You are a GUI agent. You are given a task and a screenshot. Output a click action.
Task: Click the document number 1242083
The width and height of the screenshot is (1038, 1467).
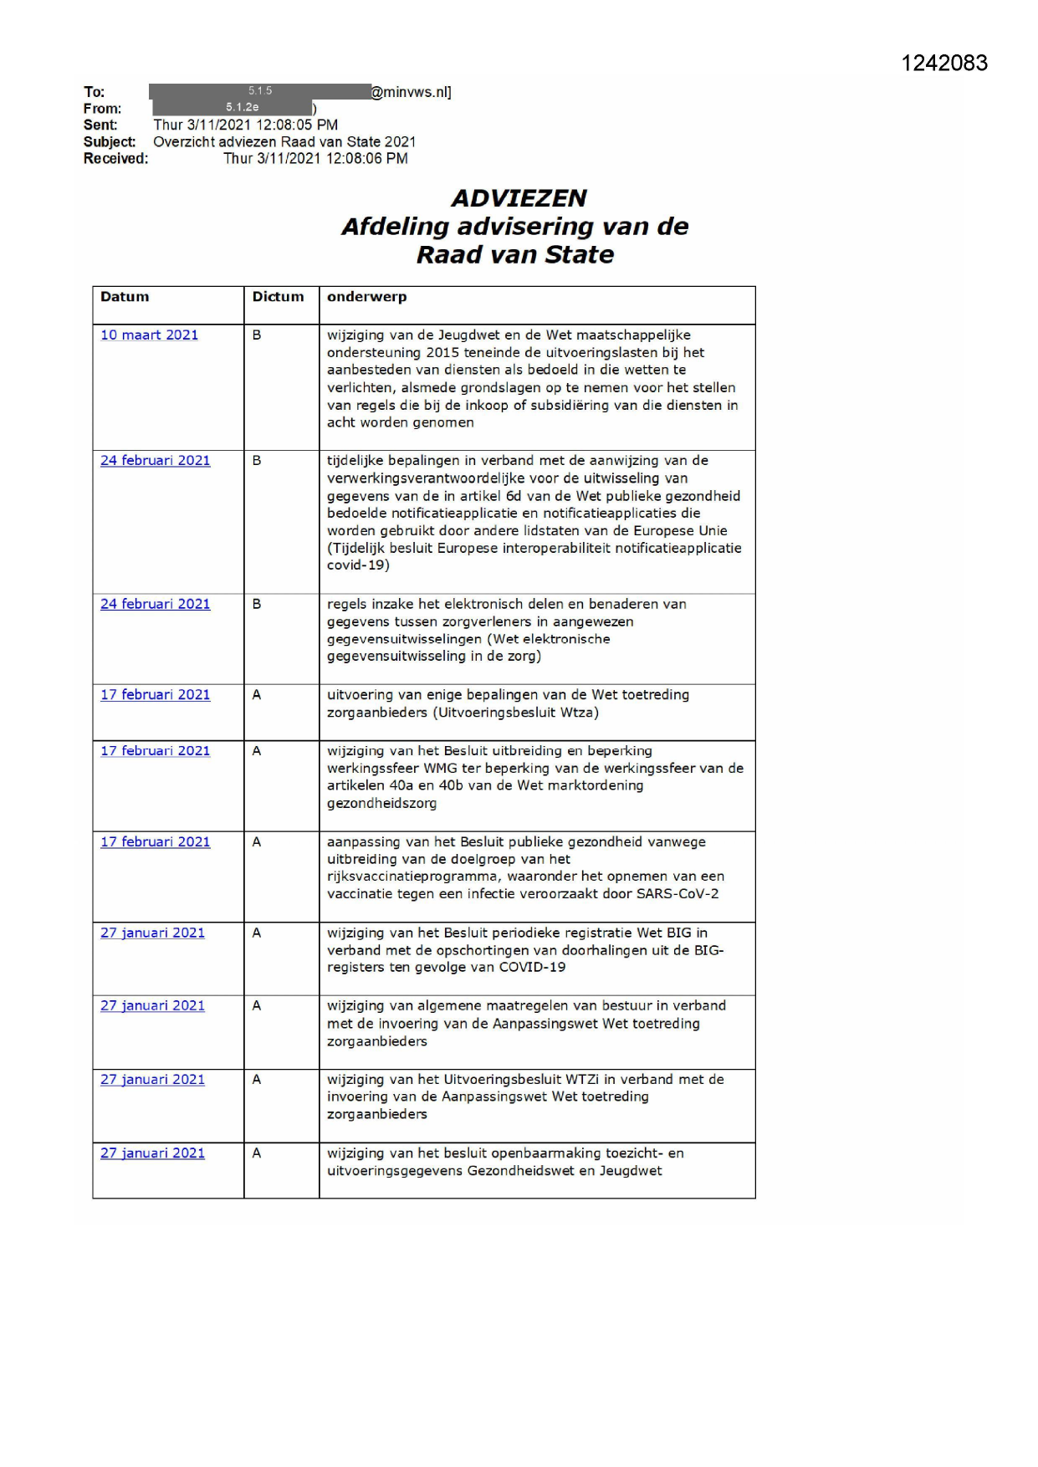(x=943, y=64)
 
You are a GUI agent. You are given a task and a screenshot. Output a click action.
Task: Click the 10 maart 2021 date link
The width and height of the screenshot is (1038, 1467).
(x=149, y=335)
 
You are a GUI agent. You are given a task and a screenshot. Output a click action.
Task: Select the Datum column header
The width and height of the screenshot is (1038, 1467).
(x=125, y=297)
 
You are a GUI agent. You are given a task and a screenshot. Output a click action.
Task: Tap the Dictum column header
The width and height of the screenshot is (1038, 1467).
(x=278, y=297)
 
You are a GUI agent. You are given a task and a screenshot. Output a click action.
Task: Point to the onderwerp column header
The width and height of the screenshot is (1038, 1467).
(x=366, y=297)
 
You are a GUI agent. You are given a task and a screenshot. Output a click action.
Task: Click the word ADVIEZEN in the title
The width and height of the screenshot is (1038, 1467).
(x=519, y=198)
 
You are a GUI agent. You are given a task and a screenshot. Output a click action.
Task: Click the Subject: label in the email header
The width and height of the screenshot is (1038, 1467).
(x=109, y=142)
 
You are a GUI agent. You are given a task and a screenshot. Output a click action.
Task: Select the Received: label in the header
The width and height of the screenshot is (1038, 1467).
(x=115, y=159)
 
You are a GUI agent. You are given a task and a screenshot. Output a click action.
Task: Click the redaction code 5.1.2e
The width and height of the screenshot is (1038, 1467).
(x=242, y=108)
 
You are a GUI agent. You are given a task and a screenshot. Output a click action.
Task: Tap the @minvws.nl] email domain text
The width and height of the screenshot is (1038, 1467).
(x=411, y=92)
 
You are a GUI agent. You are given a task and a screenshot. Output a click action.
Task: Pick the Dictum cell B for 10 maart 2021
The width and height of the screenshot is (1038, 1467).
(x=257, y=335)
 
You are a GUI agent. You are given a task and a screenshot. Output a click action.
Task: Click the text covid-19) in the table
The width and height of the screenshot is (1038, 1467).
(x=358, y=565)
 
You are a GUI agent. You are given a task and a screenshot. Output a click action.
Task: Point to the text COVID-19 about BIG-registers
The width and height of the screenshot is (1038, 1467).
(x=532, y=968)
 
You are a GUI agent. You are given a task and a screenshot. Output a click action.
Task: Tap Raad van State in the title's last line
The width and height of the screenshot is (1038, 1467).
(x=515, y=255)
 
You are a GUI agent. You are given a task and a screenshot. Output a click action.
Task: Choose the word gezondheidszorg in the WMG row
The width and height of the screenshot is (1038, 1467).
(x=381, y=804)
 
